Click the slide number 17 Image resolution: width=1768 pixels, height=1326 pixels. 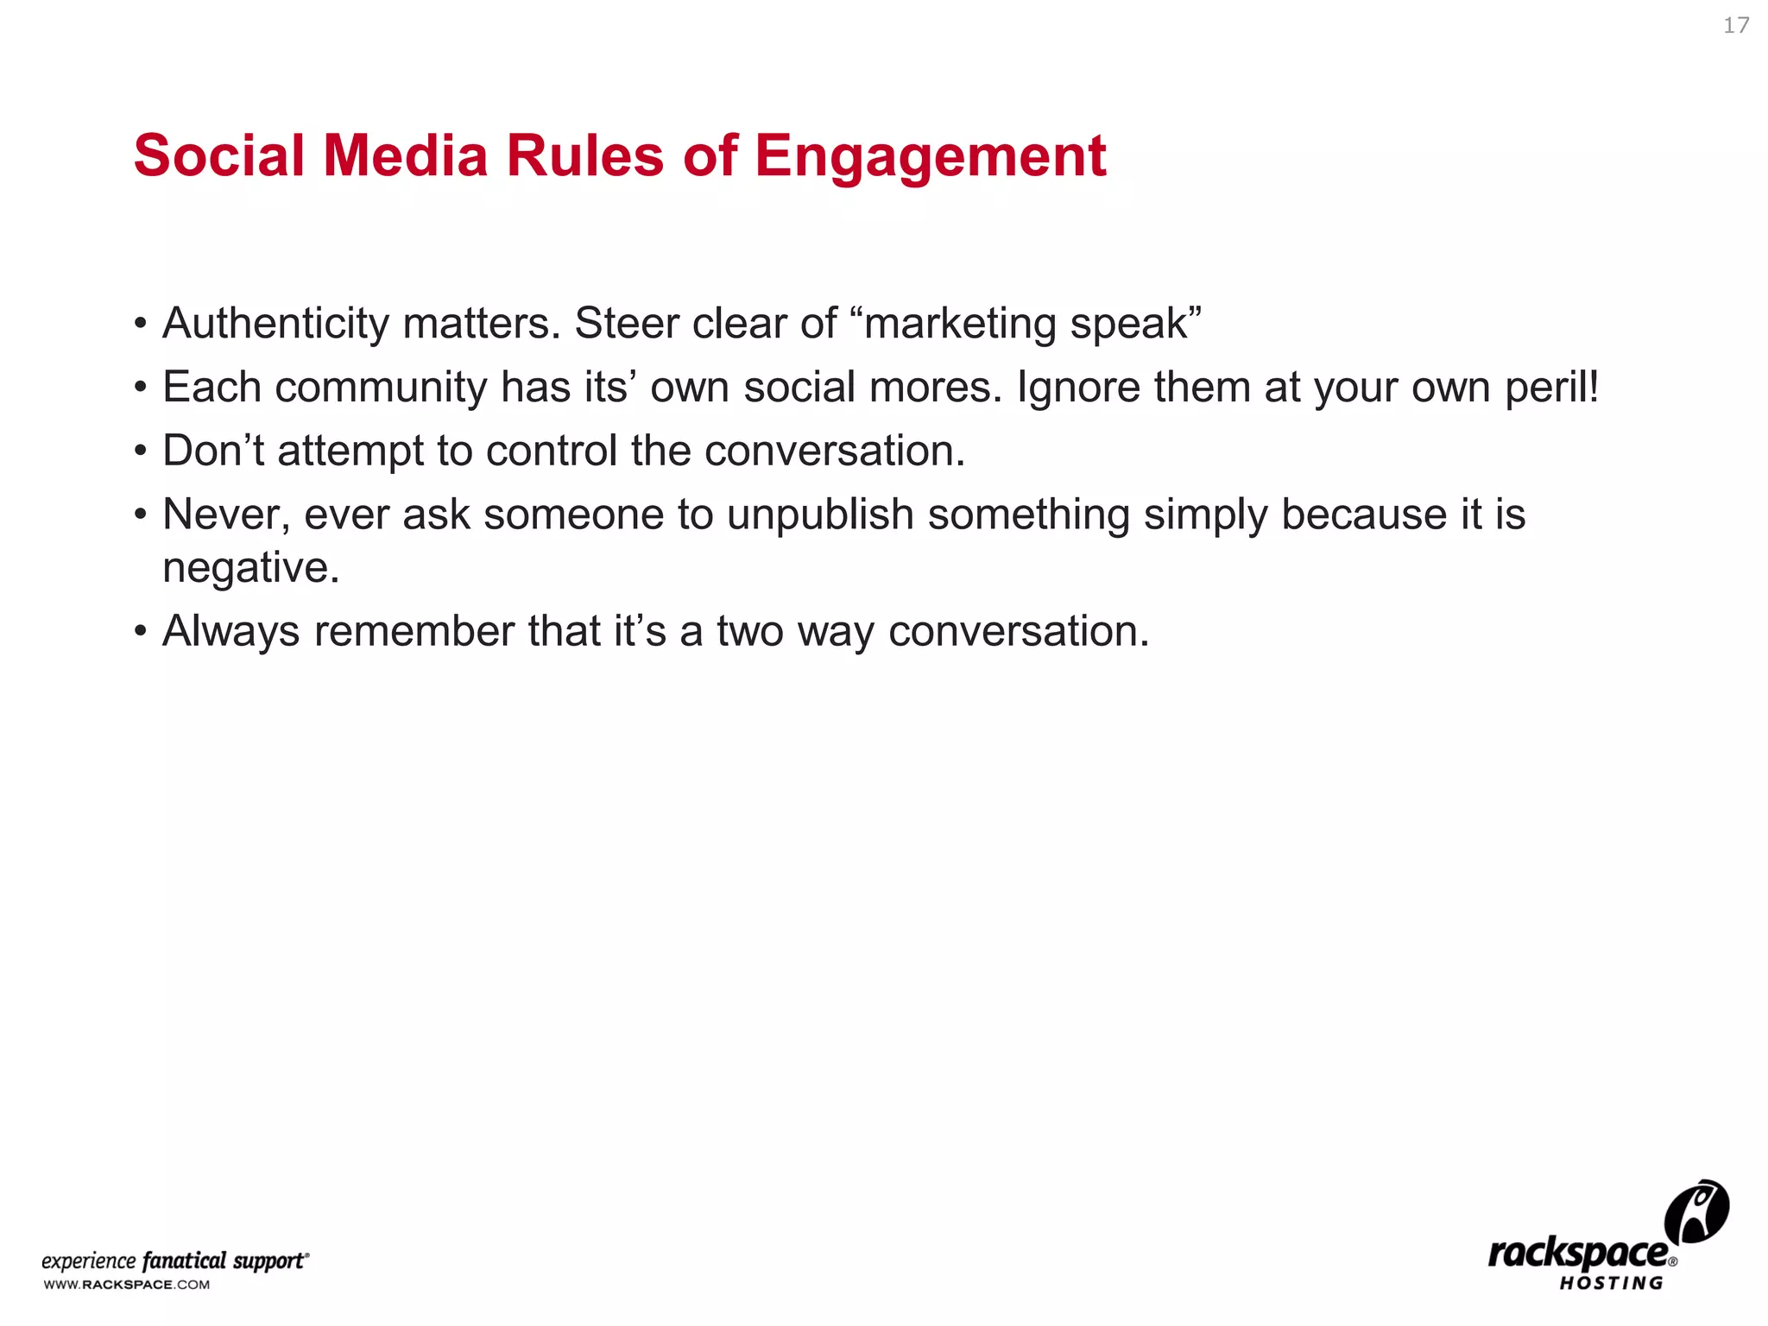1735,26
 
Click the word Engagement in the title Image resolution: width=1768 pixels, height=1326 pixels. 930,157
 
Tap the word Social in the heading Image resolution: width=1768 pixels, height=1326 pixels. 219,156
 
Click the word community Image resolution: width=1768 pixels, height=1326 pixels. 381,388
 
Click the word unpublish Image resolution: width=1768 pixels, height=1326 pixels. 819,515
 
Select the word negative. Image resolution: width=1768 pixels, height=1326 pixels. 250,569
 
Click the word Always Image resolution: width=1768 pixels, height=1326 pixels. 230,632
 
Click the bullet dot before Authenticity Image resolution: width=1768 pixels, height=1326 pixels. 141,325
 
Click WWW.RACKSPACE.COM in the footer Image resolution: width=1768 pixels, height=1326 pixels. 126,1285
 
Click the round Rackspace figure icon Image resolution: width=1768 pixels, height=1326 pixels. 1695,1211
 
